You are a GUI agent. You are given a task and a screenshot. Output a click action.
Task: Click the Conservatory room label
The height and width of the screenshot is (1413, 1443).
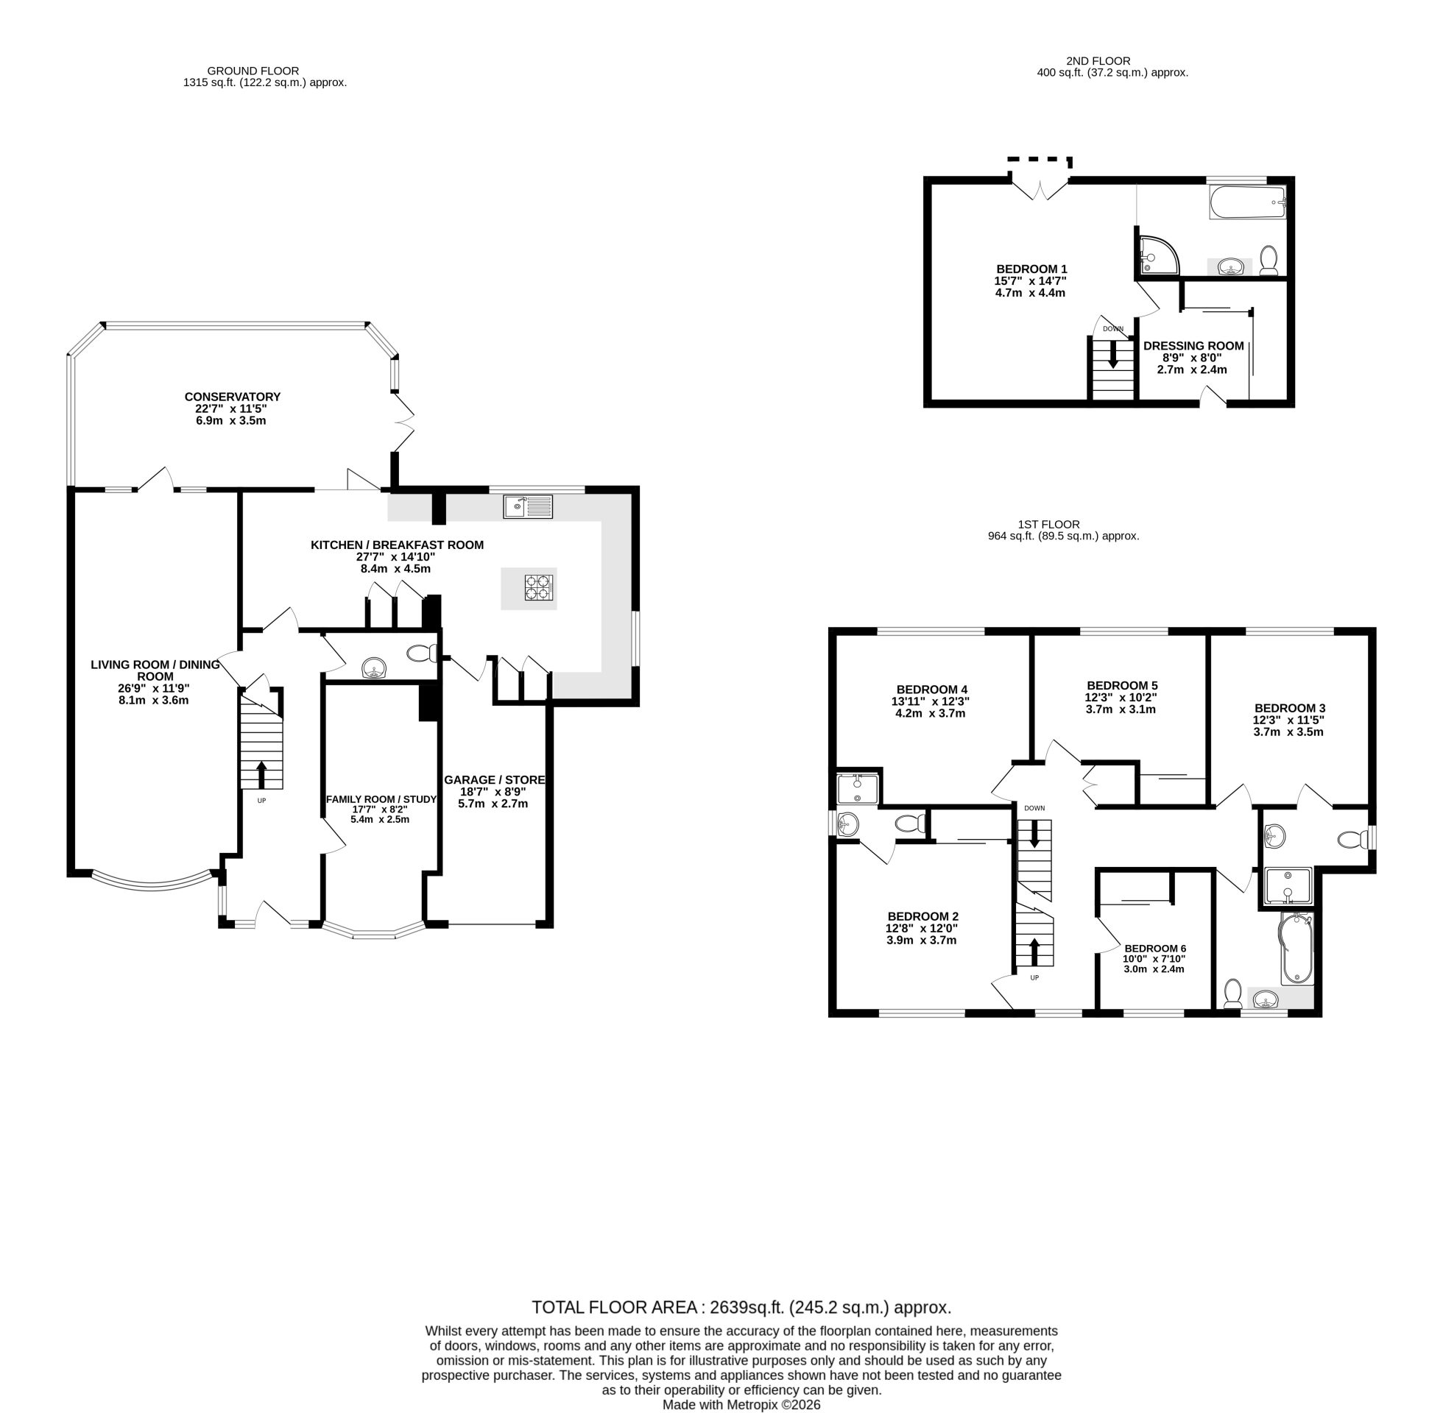click(233, 397)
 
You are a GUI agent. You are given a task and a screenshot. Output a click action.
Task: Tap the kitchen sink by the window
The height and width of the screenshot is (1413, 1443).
click(528, 506)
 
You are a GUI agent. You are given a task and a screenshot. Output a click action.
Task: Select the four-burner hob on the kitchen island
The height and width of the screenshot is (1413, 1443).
click(540, 588)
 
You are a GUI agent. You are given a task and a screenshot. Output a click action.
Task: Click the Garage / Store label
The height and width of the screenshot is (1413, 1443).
click(494, 780)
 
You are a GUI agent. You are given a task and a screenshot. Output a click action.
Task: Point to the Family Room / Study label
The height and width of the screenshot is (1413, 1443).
click(381, 799)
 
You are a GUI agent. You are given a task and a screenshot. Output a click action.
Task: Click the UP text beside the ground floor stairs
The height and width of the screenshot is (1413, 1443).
click(261, 801)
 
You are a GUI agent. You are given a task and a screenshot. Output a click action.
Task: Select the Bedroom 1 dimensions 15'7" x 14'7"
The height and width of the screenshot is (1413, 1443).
click(1030, 281)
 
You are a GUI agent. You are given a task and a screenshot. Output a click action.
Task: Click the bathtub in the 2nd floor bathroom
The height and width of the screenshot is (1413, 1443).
click(1248, 202)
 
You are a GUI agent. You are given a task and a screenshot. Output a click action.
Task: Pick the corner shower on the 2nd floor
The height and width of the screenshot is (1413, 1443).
click(1157, 255)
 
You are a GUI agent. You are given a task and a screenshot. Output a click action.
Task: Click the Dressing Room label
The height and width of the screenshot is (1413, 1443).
click(1193, 346)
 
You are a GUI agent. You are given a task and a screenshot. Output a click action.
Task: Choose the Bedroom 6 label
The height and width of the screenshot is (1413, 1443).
click(1155, 949)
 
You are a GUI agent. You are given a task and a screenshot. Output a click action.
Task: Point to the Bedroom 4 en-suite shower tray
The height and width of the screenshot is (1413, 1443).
click(858, 789)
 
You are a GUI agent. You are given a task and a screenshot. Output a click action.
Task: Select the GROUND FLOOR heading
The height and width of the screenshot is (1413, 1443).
click(253, 71)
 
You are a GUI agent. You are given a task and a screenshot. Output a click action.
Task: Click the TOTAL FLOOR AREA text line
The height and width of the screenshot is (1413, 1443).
click(741, 1308)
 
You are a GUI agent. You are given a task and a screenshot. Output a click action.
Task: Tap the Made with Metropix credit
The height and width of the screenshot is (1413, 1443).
click(741, 1405)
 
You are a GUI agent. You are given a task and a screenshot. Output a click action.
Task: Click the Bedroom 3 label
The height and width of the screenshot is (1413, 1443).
click(1289, 708)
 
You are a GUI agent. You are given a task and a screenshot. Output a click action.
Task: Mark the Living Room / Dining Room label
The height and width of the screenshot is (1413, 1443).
click(155, 670)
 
